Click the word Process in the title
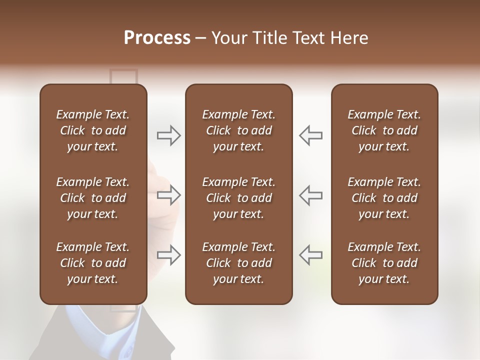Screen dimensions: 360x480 (x=157, y=38)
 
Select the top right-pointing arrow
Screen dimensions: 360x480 (x=169, y=135)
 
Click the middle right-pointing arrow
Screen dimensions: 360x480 (x=169, y=195)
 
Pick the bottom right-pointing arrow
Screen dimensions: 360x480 (x=169, y=255)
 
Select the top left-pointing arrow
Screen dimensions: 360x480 (x=310, y=135)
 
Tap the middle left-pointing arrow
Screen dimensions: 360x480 (x=310, y=195)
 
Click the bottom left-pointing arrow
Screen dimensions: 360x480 (x=310, y=255)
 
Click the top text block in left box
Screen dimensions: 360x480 (x=93, y=130)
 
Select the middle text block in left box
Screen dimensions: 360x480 (x=93, y=198)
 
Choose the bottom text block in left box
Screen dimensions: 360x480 (x=93, y=263)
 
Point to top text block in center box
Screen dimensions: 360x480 (x=238, y=130)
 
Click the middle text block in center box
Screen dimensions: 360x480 (x=238, y=198)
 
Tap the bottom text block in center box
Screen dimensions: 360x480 (x=238, y=263)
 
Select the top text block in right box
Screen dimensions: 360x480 (x=384, y=130)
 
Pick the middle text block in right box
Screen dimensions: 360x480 (x=384, y=198)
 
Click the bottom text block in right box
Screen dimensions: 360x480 (x=384, y=263)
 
